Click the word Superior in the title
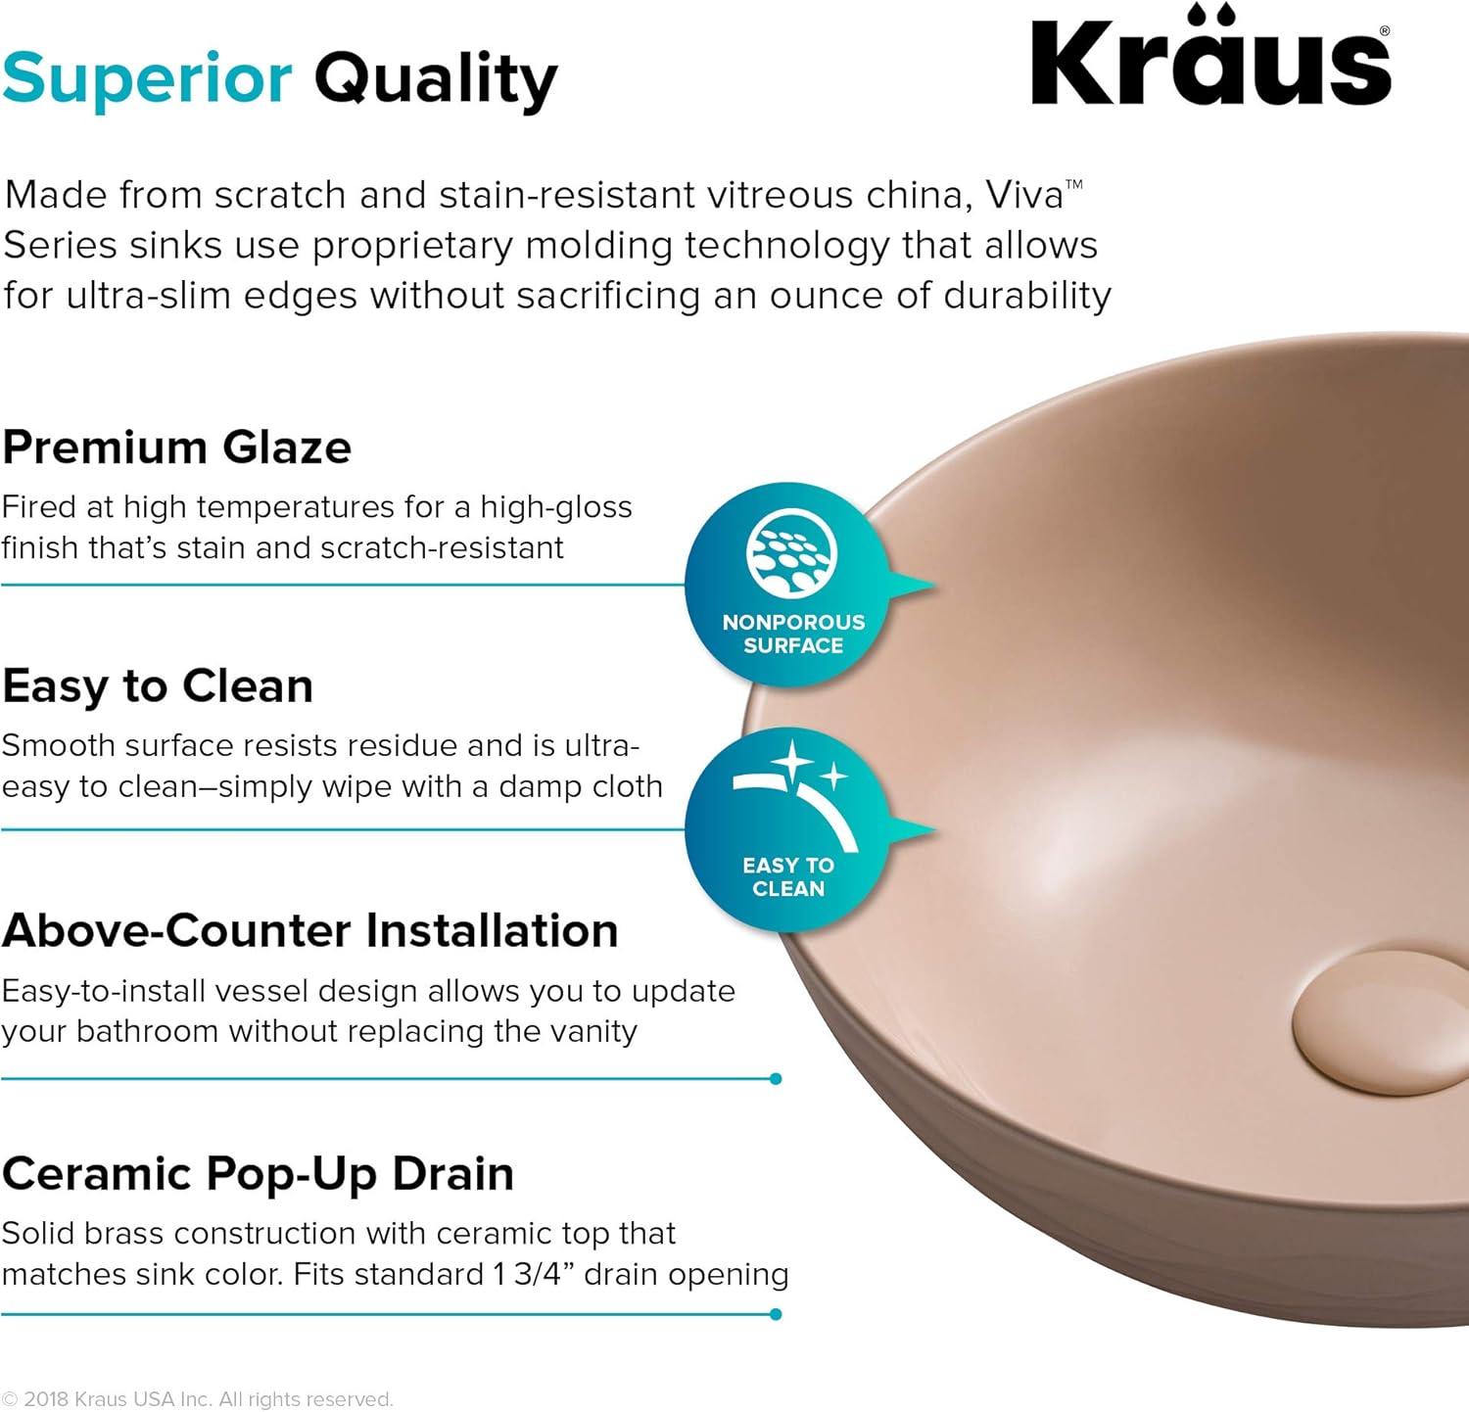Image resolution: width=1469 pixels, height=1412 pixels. pyautogui.click(x=147, y=78)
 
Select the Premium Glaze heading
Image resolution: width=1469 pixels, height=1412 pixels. pyautogui.click(x=177, y=447)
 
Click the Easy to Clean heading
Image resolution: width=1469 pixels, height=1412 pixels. pyautogui.click(x=158, y=686)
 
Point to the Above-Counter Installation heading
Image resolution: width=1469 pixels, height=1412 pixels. pyautogui.click(x=310, y=930)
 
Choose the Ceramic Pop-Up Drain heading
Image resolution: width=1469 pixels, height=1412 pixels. pyautogui.click(x=258, y=1173)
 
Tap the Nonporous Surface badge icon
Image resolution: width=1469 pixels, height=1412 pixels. pyautogui.click(x=791, y=552)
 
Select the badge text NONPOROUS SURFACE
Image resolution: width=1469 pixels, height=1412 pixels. pyautogui.click(x=793, y=634)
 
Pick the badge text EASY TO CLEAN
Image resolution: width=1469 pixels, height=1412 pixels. pyautogui.click(x=788, y=877)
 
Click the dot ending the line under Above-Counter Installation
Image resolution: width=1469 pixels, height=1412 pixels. pyautogui.click(x=776, y=1079)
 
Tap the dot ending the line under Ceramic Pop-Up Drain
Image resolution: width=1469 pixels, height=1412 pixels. pyautogui.click(x=776, y=1314)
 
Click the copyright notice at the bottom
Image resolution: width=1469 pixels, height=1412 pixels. pyautogui.click(x=197, y=1399)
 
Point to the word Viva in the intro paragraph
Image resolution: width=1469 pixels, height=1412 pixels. pyautogui.click(x=1024, y=195)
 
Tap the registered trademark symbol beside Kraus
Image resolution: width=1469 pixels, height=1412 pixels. pyautogui.click(x=1384, y=31)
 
